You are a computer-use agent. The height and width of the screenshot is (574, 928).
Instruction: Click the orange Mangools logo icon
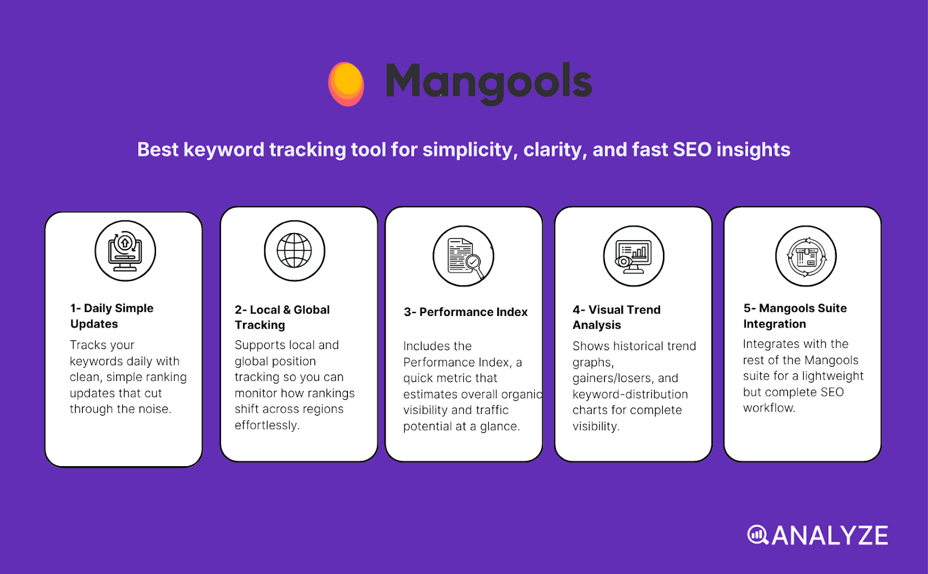point(346,83)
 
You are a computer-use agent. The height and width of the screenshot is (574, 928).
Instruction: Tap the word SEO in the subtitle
point(691,150)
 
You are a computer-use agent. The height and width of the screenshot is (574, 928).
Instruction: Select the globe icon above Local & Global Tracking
point(295,250)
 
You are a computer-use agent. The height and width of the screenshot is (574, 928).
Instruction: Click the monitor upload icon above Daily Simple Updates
point(125,250)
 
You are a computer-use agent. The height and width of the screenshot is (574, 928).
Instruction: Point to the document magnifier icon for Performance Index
point(463,256)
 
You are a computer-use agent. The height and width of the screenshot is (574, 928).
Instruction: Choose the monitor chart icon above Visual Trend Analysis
point(633,256)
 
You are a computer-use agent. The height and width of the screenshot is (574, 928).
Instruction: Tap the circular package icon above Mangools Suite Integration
point(806,256)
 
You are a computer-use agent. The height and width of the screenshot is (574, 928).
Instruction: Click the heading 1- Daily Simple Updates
point(111,316)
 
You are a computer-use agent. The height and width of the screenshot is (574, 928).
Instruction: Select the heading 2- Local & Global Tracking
point(282,317)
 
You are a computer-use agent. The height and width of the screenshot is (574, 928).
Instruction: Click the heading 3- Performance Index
point(466,312)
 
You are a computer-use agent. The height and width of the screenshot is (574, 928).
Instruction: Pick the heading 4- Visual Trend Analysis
point(616,317)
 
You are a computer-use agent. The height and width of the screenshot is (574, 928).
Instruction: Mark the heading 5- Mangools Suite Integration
point(795,316)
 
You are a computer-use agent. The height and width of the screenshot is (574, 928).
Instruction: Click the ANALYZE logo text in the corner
point(829,536)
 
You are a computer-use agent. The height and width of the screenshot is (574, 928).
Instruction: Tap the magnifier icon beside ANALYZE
point(757,535)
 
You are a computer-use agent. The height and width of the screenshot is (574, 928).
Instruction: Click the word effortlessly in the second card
point(266,425)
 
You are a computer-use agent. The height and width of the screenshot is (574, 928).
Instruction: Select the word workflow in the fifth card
point(768,408)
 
